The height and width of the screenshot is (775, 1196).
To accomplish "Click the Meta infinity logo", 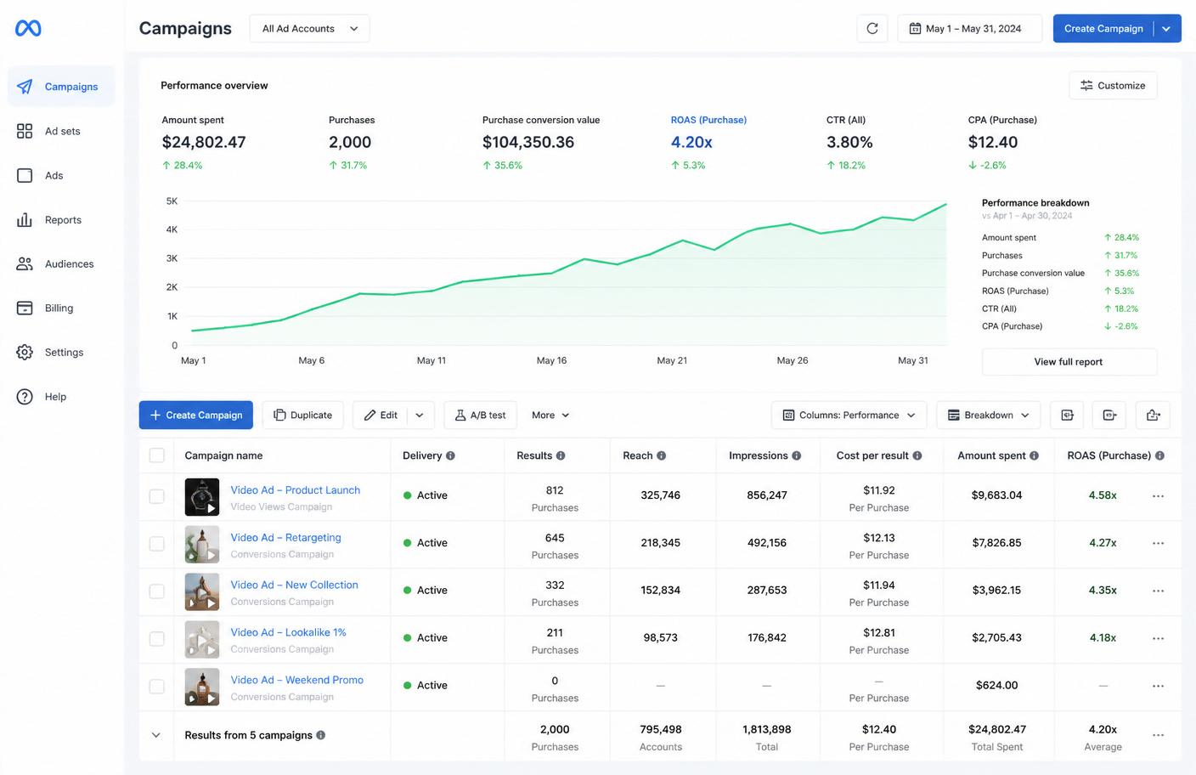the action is click(x=28, y=28).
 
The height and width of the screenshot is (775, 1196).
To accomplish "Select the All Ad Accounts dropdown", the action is click(x=310, y=28).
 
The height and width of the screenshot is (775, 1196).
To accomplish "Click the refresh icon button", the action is click(x=872, y=28).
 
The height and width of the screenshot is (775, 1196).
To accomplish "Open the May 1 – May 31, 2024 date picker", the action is click(x=969, y=28).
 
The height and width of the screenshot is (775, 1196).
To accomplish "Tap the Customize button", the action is click(x=1113, y=86).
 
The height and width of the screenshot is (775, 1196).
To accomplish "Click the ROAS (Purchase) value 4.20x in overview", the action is click(x=691, y=142).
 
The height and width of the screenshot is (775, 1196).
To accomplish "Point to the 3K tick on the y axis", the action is click(x=172, y=258).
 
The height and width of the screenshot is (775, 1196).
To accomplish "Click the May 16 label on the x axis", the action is click(x=551, y=360).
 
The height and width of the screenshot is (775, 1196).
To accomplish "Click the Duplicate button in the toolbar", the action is click(x=302, y=415).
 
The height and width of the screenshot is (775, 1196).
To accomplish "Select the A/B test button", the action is click(x=480, y=415).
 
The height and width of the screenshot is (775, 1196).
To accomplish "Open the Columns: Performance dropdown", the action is click(x=849, y=415).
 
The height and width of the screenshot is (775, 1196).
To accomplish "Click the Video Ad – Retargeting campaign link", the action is click(x=285, y=537).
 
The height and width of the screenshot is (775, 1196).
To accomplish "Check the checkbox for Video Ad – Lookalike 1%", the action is click(x=156, y=639).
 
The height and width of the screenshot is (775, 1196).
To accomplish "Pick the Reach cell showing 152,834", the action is click(x=661, y=591).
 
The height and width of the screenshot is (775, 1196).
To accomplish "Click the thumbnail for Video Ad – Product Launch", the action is click(x=202, y=497).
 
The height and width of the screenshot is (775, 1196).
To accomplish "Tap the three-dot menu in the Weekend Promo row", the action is click(x=1158, y=686).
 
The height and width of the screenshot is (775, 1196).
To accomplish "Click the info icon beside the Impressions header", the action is click(x=797, y=455).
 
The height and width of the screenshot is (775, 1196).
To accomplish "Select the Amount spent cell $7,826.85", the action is click(x=996, y=543).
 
